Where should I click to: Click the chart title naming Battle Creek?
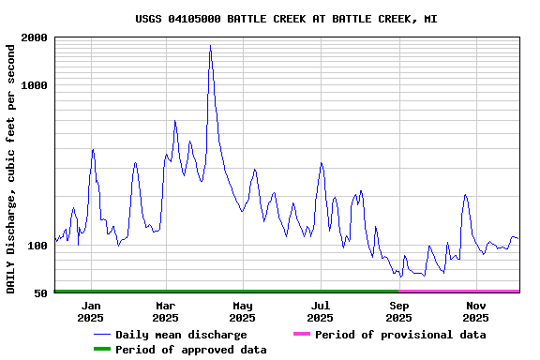coord(286,19)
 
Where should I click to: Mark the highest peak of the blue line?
coord(210,45)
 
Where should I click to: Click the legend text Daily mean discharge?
coord(181,335)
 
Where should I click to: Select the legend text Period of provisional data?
coord(400,335)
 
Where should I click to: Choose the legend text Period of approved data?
coord(191,350)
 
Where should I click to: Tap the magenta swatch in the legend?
coord(301,335)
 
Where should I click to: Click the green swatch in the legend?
coord(101,350)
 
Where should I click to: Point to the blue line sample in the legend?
coord(101,335)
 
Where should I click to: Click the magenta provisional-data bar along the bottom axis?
coord(459,292)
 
